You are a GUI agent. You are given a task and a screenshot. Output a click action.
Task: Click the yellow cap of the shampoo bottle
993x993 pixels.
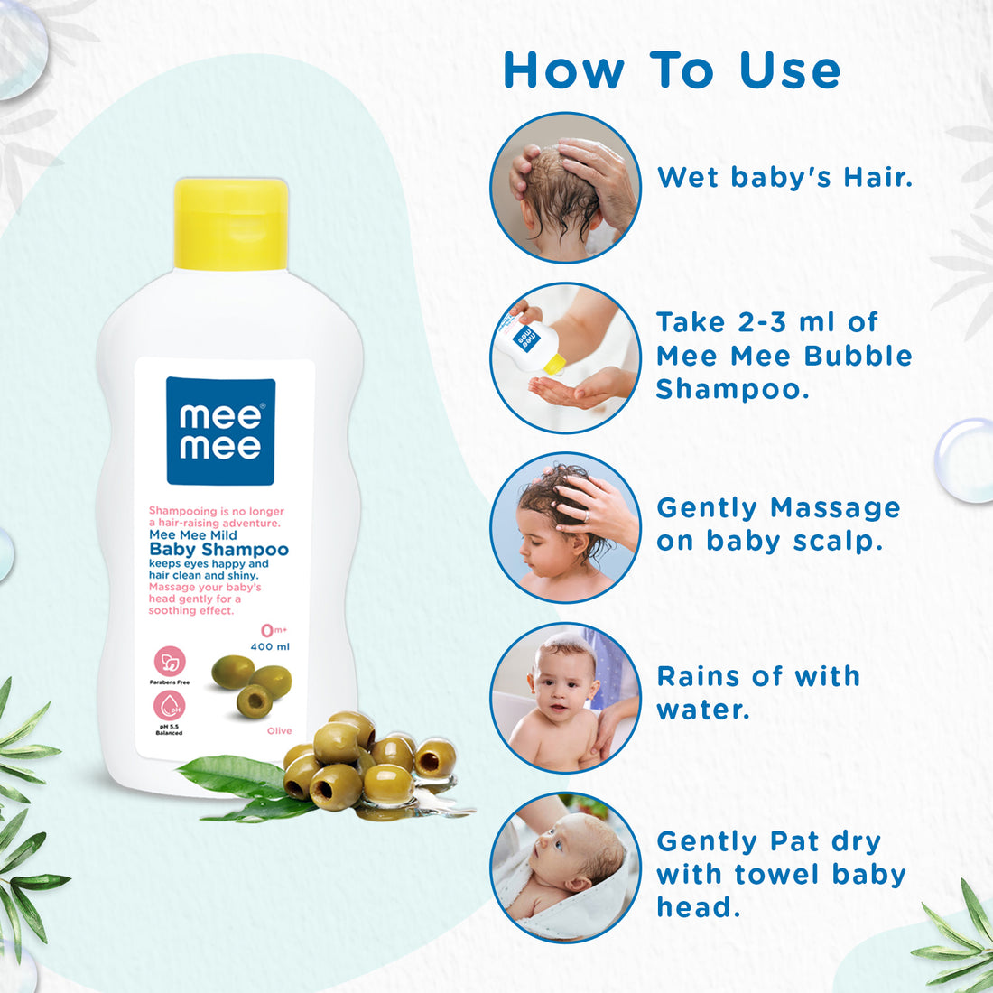tap(231, 224)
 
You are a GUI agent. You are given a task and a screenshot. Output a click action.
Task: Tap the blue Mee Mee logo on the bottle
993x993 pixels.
tap(220, 432)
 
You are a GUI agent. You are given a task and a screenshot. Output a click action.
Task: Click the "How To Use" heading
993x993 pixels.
tap(672, 70)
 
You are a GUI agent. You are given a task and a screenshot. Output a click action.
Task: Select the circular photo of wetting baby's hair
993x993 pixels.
tap(566, 188)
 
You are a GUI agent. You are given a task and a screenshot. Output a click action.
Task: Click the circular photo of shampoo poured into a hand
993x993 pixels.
tap(566, 358)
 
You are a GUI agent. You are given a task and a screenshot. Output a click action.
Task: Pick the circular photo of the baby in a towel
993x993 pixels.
tap(566, 868)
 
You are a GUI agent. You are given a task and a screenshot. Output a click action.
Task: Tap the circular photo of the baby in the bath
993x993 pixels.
tap(566, 698)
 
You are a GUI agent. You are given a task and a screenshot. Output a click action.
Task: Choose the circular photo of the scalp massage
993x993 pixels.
tap(566, 528)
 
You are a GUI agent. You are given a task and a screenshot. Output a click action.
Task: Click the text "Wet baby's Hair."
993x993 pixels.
tap(784, 177)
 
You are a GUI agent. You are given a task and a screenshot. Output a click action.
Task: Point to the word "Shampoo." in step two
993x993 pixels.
tap(732, 389)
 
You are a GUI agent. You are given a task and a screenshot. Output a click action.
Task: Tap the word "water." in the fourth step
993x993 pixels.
tap(703, 710)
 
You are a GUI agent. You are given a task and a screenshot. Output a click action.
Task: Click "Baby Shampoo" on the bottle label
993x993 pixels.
tap(218, 550)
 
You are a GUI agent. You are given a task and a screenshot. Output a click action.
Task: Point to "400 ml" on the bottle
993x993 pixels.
tap(270, 647)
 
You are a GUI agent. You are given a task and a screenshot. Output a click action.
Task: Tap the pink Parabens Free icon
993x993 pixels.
tap(170, 662)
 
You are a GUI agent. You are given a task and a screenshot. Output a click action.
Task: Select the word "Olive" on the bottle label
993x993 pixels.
tap(280, 730)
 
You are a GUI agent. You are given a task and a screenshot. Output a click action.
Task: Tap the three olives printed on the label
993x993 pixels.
tap(252, 684)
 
